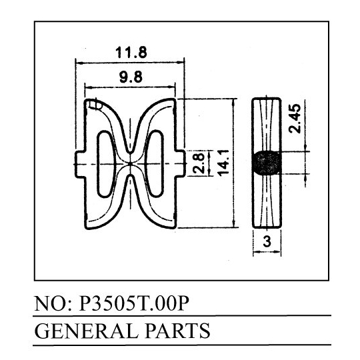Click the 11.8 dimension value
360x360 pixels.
(131, 52)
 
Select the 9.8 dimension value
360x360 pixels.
(131, 77)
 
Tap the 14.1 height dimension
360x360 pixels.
(223, 163)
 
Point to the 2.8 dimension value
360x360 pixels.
(198, 163)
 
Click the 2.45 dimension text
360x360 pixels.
(295, 119)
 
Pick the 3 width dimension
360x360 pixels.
(267, 241)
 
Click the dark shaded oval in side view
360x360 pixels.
(267, 163)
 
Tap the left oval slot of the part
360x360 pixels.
(105, 165)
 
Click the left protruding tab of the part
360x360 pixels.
(79, 164)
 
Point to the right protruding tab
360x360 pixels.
(181, 163)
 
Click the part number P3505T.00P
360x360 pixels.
(134, 303)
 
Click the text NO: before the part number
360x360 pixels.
(53, 303)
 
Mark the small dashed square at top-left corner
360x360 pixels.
(95, 104)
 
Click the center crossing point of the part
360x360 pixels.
(131, 164)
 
